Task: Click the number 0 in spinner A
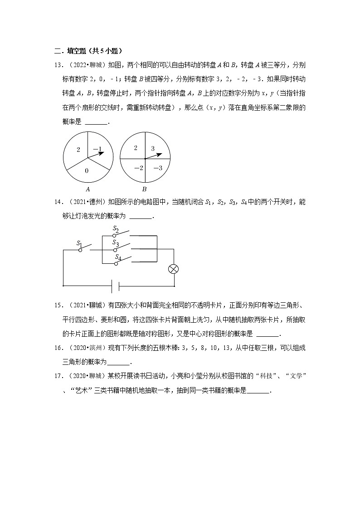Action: (x=86, y=170)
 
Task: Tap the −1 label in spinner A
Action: (x=97, y=149)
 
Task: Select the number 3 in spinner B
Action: (x=153, y=148)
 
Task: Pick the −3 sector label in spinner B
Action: (x=158, y=168)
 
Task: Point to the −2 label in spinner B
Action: (x=138, y=168)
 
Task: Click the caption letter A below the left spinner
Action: (x=87, y=189)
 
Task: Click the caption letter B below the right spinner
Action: (x=145, y=189)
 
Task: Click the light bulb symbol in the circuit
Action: (x=173, y=269)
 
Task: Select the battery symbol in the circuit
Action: (x=116, y=286)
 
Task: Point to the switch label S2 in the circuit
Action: (x=116, y=229)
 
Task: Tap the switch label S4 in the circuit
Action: (x=117, y=257)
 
